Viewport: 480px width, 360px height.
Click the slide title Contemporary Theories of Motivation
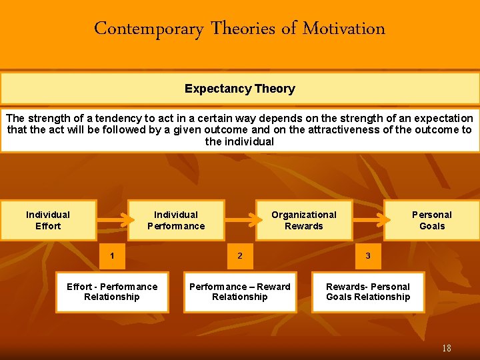(239, 29)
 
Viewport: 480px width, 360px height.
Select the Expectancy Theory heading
(239, 89)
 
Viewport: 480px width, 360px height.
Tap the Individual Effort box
(48, 220)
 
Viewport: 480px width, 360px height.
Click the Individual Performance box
(176, 220)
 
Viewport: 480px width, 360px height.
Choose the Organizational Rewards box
(304, 220)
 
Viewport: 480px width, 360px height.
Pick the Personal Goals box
(431, 220)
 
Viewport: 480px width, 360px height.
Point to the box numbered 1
(112, 255)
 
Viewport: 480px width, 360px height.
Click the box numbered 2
(240, 255)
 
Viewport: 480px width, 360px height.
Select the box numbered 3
(368, 255)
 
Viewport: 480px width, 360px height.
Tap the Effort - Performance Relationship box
(112, 292)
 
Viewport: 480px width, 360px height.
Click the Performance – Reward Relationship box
(240, 292)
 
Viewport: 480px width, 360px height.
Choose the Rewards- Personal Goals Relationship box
(368, 292)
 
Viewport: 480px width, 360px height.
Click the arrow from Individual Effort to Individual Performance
(113, 217)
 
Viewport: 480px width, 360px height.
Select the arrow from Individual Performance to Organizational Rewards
(241, 217)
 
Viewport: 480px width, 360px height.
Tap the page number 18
(446, 348)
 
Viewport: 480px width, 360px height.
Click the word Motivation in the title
(344, 29)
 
